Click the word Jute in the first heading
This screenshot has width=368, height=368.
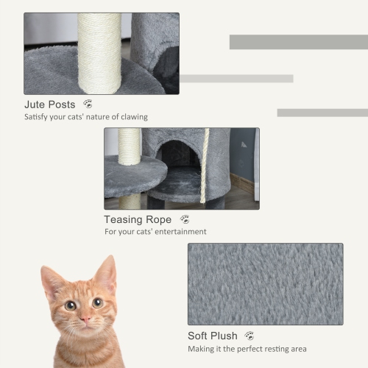tap(37, 105)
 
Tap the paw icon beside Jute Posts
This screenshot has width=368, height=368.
tap(88, 104)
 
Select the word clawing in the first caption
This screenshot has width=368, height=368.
tap(134, 117)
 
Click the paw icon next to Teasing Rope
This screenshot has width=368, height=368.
tap(185, 219)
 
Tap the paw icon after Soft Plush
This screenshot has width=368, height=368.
tap(250, 336)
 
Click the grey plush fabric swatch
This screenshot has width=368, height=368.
tap(265, 284)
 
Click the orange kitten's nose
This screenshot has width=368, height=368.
tap(85, 319)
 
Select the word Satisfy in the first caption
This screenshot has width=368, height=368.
tap(38, 117)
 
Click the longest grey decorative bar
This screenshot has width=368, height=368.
tap(298, 42)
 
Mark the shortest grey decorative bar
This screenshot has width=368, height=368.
tap(322, 113)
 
